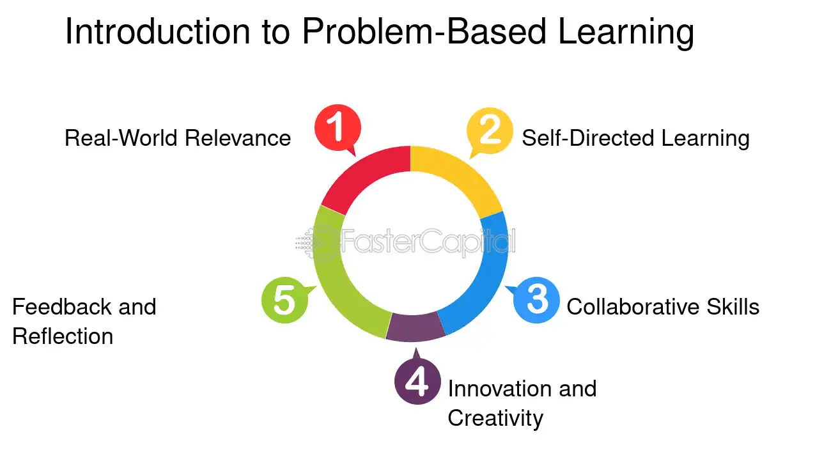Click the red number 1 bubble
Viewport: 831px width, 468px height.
[x=338, y=128]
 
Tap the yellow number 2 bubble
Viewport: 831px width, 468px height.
[x=490, y=130]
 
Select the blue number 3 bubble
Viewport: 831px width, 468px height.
[x=536, y=300]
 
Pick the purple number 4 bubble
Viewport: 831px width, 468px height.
[x=417, y=381]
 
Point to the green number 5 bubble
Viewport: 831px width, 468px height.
[x=285, y=300]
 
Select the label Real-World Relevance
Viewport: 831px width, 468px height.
[x=178, y=138]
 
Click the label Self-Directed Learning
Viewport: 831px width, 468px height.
[x=636, y=139]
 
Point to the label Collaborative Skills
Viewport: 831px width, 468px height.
[x=663, y=307]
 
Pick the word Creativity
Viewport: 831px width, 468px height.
[x=495, y=419]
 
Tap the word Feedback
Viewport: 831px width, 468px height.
[x=61, y=307]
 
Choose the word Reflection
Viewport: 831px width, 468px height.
[x=63, y=336]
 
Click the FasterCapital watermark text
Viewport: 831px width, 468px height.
[x=428, y=241]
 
